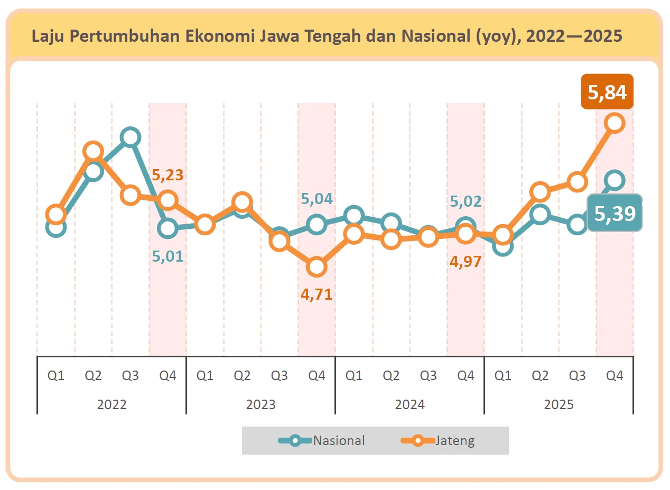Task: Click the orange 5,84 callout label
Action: [x=607, y=92]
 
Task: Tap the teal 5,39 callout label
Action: [x=615, y=213]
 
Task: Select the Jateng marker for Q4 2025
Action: [x=615, y=123]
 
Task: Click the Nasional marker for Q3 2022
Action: [x=130, y=137]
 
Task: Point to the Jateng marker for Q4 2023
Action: [x=317, y=267]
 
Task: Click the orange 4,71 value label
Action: [x=317, y=294]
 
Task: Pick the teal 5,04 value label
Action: [x=317, y=199]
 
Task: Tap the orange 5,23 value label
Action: [x=168, y=175]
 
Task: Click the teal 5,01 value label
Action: [x=168, y=256]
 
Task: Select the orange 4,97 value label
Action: [x=466, y=261]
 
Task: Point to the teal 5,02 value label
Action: [x=466, y=201]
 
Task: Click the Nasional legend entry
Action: [x=322, y=440]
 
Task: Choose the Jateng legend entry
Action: [x=438, y=440]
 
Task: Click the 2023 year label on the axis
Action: [x=261, y=404]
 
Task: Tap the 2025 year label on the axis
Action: [x=559, y=404]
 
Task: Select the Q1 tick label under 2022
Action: [x=56, y=376]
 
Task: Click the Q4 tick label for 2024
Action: [x=466, y=376]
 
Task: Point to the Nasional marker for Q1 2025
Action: [x=503, y=245]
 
